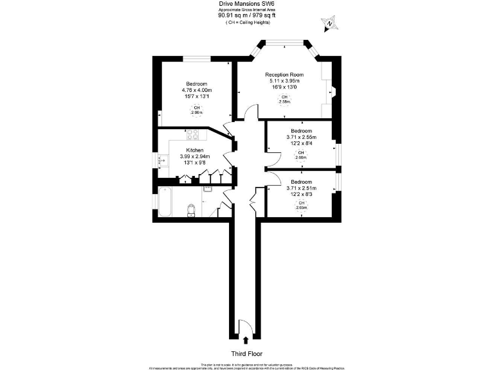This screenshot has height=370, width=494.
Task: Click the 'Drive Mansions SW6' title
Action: (248, 4)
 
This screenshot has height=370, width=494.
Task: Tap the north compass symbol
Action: (329, 24)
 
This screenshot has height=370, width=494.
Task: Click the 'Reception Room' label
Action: (284, 75)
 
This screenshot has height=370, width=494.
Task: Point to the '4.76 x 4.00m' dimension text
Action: (197, 90)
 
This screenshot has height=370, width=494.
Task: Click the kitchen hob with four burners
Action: (192, 134)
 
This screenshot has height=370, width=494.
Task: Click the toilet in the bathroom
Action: (190, 210)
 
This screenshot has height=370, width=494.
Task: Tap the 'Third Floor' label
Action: (248, 354)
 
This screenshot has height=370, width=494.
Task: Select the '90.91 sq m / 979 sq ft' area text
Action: (248, 16)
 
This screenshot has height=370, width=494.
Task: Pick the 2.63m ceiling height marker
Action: (301, 205)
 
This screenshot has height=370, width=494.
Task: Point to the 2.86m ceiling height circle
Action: (197, 110)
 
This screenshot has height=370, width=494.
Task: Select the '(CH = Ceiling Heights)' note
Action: (248, 22)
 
